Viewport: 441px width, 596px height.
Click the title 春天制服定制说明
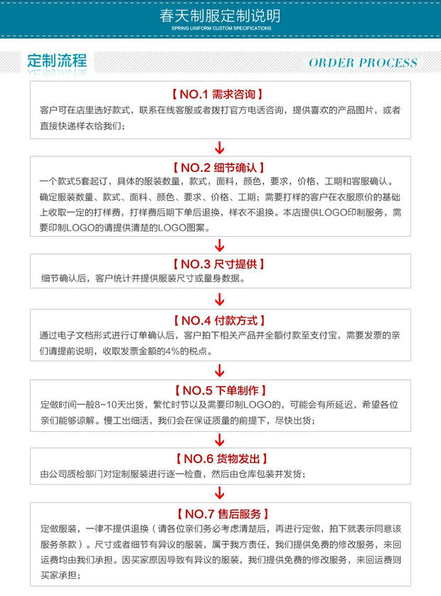(220, 16)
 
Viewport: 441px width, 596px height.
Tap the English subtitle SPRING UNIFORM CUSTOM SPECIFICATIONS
(220, 28)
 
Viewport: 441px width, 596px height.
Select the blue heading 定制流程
(57, 60)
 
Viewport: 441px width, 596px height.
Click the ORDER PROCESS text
(363, 63)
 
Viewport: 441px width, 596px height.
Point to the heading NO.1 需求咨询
(220, 94)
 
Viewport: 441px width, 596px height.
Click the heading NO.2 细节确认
(220, 168)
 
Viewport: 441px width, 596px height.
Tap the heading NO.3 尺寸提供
(220, 264)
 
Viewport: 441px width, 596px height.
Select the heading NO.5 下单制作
(220, 390)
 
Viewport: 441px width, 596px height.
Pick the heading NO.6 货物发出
(220, 459)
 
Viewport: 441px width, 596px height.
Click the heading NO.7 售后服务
(220, 513)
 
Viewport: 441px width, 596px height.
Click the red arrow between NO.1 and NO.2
(220, 147)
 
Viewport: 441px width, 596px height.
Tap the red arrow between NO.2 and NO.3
(220, 245)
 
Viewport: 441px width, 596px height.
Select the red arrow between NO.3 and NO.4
(220, 299)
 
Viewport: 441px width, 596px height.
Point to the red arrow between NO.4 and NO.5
(220, 370)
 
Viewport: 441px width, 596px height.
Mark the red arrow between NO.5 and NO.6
(220, 439)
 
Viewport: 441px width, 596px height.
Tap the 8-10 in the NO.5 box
(105, 405)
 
